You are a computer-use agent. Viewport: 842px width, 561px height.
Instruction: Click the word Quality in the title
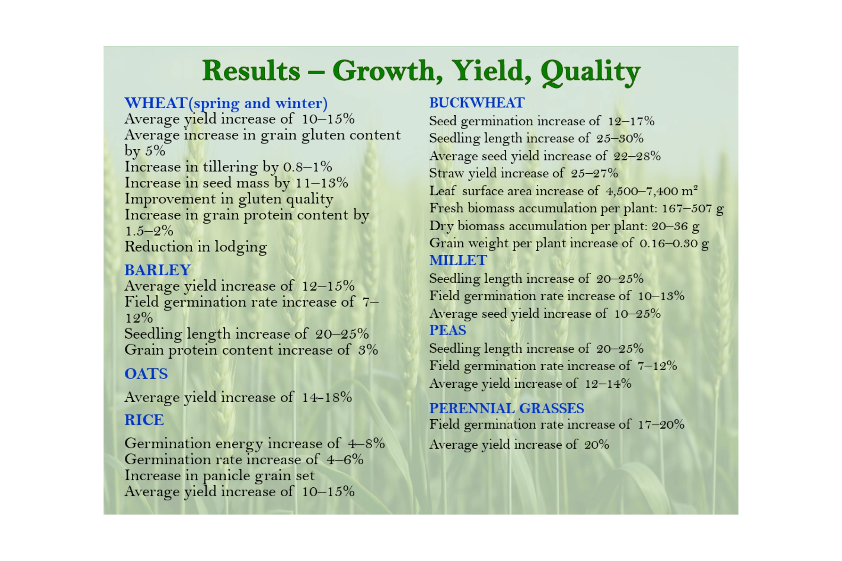pyautogui.click(x=591, y=72)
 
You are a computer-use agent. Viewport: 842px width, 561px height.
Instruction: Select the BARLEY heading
pyautogui.click(x=157, y=270)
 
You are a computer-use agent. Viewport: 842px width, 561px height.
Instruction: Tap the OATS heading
pyautogui.click(x=146, y=374)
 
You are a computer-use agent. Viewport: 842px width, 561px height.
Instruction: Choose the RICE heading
pyautogui.click(x=144, y=420)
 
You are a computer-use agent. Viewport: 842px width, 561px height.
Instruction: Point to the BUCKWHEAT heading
pyautogui.click(x=477, y=103)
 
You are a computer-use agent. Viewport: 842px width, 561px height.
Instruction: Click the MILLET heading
pyautogui.click(x=458, y=260)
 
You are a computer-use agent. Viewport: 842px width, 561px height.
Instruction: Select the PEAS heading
pyautogui.click(x=448, y=330)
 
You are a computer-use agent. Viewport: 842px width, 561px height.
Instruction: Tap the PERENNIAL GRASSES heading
pyautogui.click(x=507, y=408)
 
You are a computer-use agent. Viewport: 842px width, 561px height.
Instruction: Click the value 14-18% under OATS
pyautogui.click(x=327, y=397)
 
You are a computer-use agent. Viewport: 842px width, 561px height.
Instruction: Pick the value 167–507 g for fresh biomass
pyautogui.click(x=693, y=208)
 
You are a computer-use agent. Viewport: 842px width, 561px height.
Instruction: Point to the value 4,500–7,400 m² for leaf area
pyautogui.click(x=652, y=191)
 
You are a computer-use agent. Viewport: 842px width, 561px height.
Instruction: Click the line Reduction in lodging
pyautogui.click(x=196, y=247)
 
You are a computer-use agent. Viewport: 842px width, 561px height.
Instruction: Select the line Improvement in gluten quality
pyautogui.click(x=229, y=199)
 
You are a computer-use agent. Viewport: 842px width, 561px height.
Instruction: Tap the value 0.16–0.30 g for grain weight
pyautogui.click(x=674, y=243)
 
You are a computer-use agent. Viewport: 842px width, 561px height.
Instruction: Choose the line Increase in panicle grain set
pyautogui.click(x=219, y=476)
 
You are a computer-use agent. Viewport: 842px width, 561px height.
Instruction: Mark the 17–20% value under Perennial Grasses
pyautogui.click(x=661, y=424)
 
